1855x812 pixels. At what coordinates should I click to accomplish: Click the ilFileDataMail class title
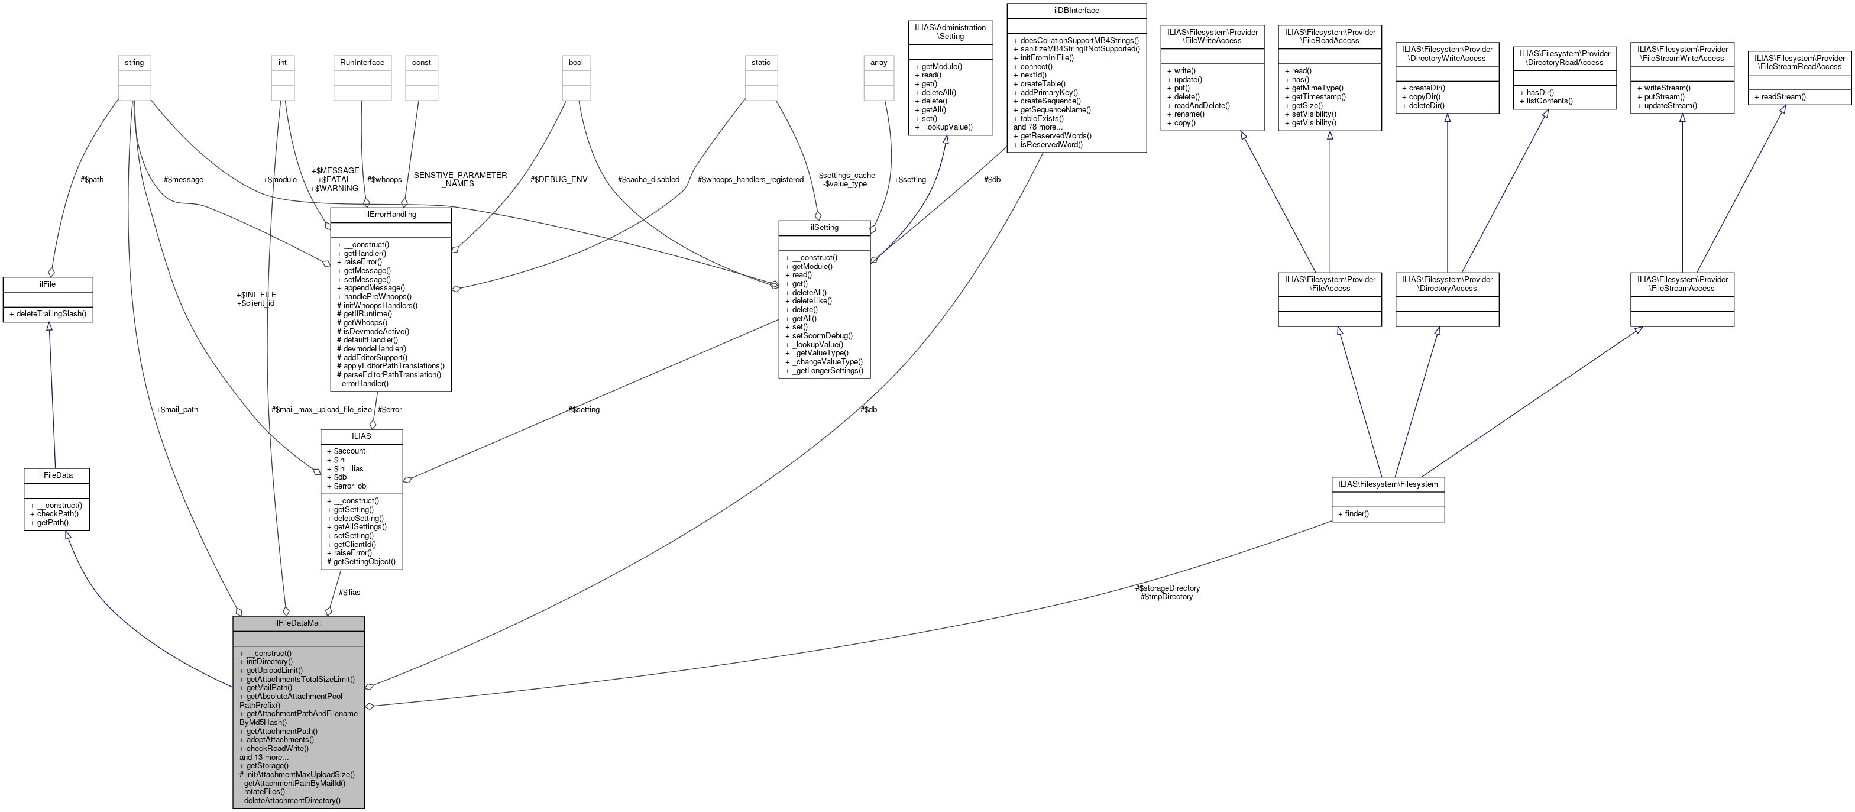pos(298,623)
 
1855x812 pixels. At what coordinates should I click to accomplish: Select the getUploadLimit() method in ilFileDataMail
pos(274,670)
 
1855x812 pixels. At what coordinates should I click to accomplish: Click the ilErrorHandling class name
pos(390,215)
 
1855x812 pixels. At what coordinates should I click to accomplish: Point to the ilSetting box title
pos(824,228)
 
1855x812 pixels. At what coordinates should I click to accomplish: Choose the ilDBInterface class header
pos(1076,11)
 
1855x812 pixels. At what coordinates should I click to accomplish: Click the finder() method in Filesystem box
pos(1353,514)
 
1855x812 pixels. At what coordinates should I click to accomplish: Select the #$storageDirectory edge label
pos(1167,588)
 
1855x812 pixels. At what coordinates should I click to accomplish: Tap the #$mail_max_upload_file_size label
pos(321,409)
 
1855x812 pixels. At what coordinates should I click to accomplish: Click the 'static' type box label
pos(760,63)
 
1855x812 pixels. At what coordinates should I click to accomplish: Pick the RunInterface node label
pos(362,63)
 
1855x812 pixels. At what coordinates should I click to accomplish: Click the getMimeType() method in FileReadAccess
pos(1314,88)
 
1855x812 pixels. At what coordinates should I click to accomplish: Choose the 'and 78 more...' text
pos(1038,127)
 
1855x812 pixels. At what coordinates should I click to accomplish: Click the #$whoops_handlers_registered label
pos(750,179)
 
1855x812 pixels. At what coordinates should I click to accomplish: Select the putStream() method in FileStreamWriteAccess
pos(1663,96)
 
